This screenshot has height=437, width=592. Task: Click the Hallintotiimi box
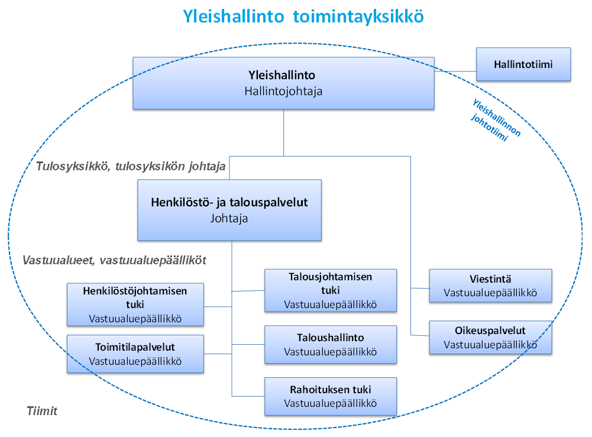pos(523,64)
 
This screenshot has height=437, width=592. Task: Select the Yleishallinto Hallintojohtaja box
pos(283,83)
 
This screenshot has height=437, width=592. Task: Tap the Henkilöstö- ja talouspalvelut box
pos(229,210)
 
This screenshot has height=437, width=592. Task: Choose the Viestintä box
pos(490,286)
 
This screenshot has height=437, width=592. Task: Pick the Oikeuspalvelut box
pos(490,338)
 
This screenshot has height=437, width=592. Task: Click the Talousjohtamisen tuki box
pos(331,290)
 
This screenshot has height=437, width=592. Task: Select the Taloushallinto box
pos(331,345)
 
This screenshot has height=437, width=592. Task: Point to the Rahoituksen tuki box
pos(331,396)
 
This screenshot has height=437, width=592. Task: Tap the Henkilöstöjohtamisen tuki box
pos(135,305)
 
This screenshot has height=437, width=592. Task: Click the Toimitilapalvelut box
pos(135,354)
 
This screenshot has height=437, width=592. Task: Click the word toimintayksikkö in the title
pos(358,17)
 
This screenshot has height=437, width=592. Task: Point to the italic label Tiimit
pos(42,411)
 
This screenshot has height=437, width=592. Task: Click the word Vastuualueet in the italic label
pos(59,260)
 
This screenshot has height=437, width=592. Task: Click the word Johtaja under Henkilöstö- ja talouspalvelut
pos(229,219)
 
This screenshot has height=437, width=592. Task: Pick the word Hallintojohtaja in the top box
pos(283,91)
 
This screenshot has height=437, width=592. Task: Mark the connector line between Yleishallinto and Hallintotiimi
pos(455,71)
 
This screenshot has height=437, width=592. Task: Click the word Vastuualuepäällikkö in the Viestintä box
pos(490,293)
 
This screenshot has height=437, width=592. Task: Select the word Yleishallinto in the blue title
pos(234,17)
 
